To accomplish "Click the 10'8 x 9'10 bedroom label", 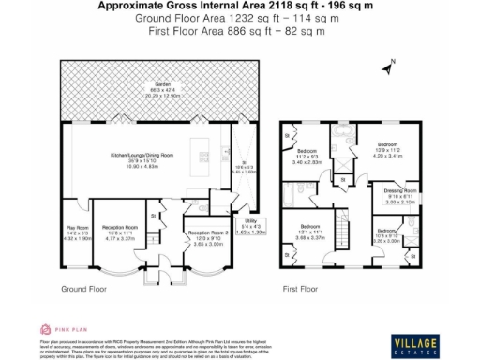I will coord(389,233).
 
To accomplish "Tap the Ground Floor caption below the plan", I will coord(82,290).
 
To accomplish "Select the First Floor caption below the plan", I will coord(302,290).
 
